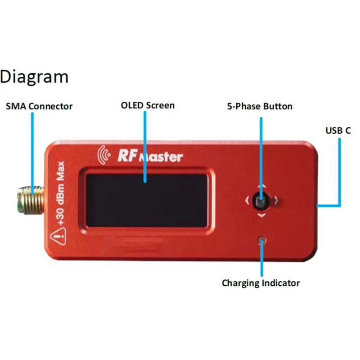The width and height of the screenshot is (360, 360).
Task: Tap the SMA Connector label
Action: click(39, 107)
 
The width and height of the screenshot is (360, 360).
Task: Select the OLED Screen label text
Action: click(148, 106)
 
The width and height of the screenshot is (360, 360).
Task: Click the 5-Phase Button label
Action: click(260, 107)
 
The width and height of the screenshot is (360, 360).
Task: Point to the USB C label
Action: click(338, 131)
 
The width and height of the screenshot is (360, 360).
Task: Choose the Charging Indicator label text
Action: click(261, 283)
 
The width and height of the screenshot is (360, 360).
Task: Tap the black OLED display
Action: click(147, 200)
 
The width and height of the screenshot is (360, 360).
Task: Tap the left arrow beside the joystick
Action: click(247, 201)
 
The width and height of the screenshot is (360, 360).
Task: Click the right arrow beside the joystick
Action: click(276, 201)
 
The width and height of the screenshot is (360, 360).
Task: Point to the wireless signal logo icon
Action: click(104, 154)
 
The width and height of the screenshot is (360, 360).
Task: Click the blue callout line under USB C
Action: click(339, 171)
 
